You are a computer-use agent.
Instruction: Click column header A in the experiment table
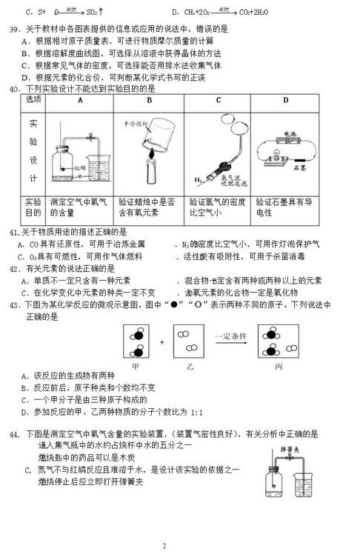[x=79, y=99]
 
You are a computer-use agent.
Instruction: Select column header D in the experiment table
[x=285, y=99]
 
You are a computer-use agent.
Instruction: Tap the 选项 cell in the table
[x=34, y=99]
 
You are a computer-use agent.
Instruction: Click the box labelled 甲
[x=135, y=343]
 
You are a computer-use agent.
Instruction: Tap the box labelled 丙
[x=278, y=343]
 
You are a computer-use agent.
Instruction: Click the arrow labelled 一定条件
[x=233, y=342]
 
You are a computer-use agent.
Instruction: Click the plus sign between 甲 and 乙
[x=161, y=343]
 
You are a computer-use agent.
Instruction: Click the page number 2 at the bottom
[x=164, y=545]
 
